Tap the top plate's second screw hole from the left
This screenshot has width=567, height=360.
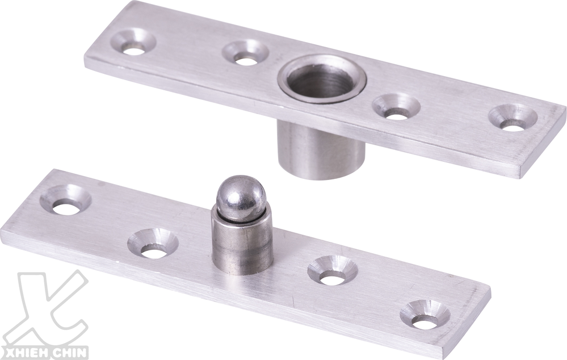point(245,54)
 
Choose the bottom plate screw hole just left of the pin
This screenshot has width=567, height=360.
point(153,244)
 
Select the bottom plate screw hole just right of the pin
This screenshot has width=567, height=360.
point(333,271)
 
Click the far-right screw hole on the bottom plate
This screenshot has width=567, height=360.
point(425,316)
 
